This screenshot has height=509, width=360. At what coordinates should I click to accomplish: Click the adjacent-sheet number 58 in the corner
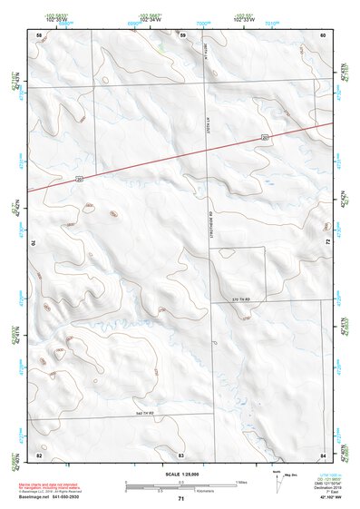click(39, 34)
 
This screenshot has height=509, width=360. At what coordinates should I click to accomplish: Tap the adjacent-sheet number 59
click(182, 34)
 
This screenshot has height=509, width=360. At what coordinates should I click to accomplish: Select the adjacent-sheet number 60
click(323, 34)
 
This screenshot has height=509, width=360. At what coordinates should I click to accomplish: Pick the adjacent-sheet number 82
click(39, 454)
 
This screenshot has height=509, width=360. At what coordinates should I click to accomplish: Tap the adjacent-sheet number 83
click(181, 454)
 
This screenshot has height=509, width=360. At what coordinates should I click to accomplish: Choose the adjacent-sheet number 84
click(323, 454)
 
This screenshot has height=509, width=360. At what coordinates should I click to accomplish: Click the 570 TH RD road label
click(239, 299)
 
